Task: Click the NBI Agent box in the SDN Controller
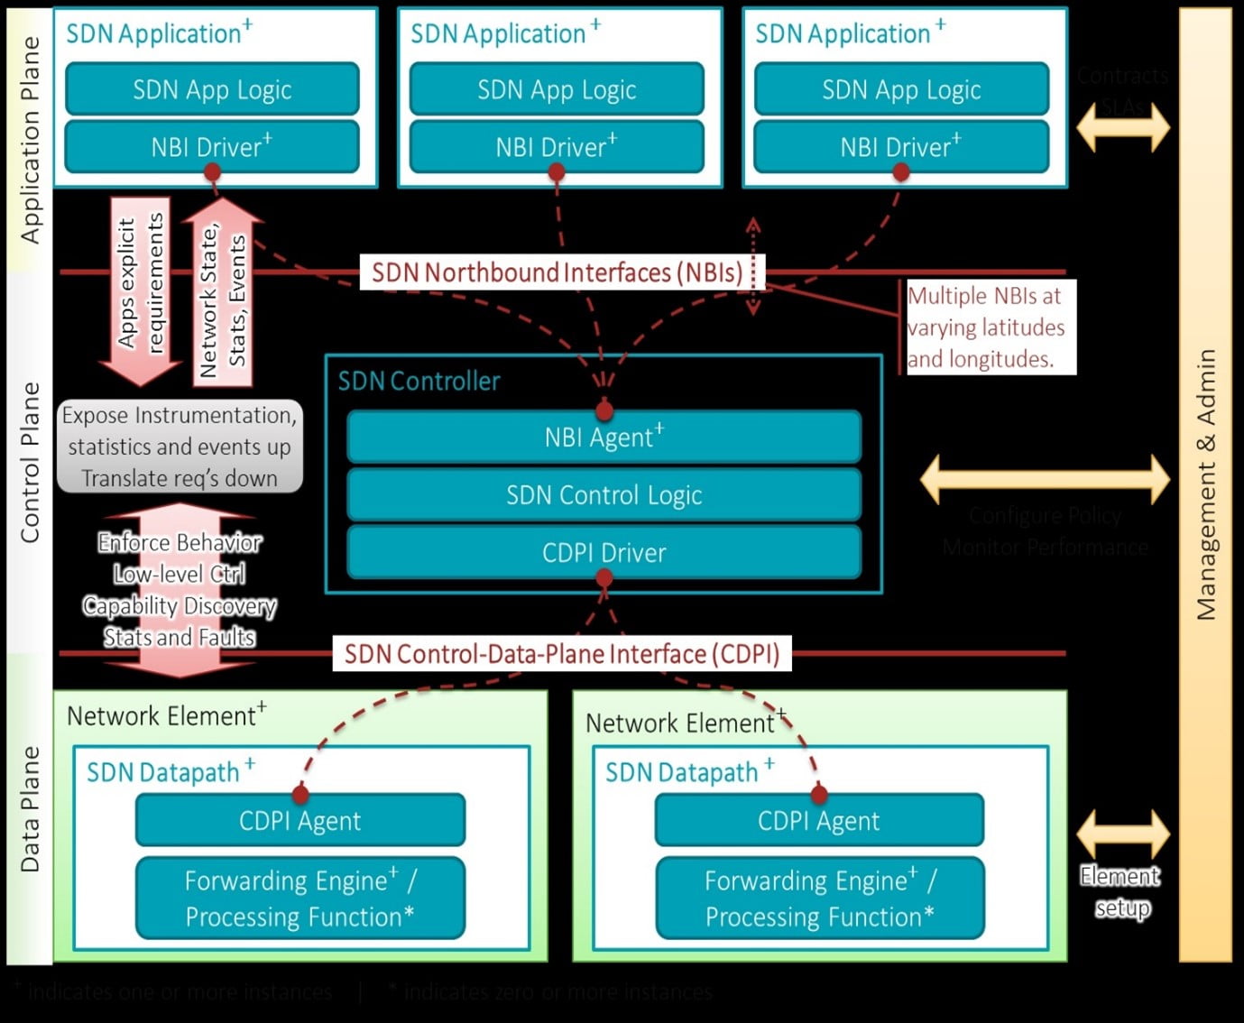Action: point(604,438)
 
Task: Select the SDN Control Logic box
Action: point(604,495)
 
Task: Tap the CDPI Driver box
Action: point(604,552)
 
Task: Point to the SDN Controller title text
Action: point(419,382)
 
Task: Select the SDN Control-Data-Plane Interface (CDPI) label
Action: point(561,654)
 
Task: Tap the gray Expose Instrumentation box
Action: point(180,447)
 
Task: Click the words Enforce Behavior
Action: point(180,542)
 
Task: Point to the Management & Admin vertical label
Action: point(1206,484)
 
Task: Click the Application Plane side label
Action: point(31,140)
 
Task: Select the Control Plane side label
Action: point(31,462)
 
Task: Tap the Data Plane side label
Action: point(31,808)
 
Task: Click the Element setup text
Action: point(1120,891)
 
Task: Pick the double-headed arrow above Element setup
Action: point(1123,834)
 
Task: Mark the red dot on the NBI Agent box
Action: point(604,411)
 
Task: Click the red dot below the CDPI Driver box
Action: point(604,578)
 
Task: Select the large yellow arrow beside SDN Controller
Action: point(1045,479)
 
